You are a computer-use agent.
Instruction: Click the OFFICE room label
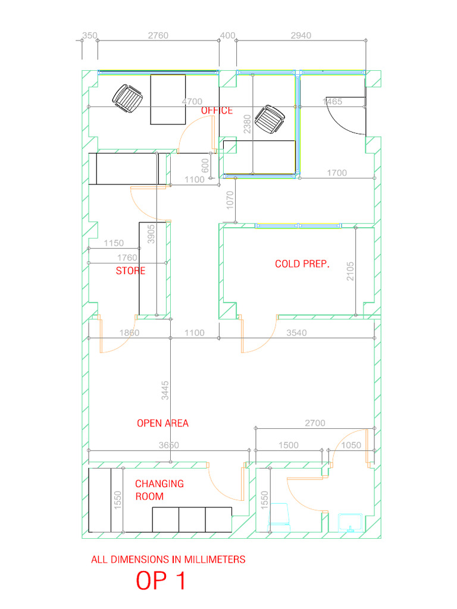click(217, 111)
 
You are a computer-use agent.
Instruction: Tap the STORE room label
click(130, 271)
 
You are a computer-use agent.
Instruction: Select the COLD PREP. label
click(302, 263)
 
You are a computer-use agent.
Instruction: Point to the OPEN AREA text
click(162, 423)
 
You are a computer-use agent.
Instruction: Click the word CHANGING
click(159, 484)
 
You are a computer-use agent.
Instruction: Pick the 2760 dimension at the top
click(158, 36)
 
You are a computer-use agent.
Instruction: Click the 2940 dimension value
click(301, 36)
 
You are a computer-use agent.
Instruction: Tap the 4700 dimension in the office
click(192, 102)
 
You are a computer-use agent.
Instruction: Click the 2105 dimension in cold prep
click(350, 273)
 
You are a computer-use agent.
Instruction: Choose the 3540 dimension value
click(296, 333)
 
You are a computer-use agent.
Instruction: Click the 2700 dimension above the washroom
click(315, 423)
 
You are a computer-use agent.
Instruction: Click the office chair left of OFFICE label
click(128, 98)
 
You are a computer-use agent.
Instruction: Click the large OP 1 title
click(161, 581)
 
